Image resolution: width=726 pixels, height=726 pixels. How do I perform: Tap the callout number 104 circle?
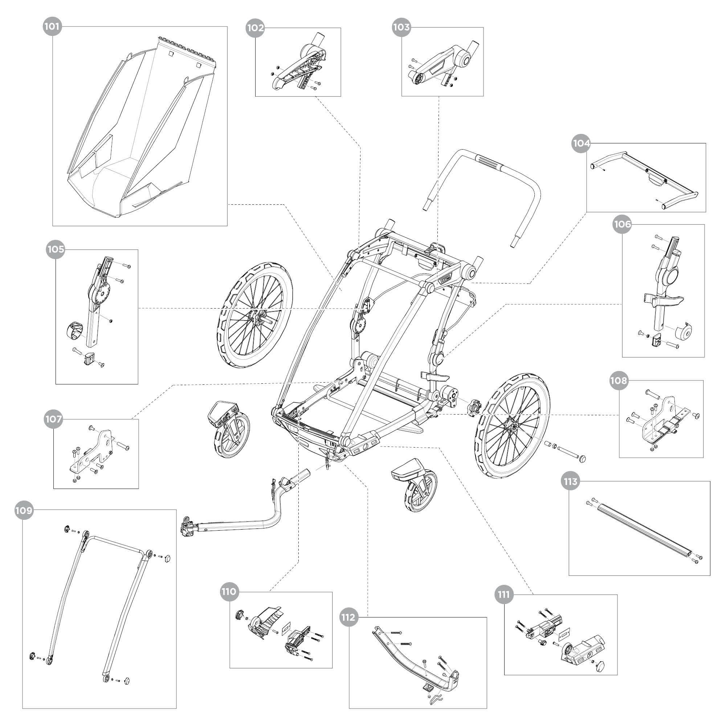click(x=581, y=143)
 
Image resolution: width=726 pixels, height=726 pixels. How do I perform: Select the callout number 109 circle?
click(x=24, y=511)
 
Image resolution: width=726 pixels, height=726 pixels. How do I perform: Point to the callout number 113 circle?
click(x=570, y=482)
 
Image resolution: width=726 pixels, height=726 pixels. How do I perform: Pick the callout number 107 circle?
click(x=53, y=419)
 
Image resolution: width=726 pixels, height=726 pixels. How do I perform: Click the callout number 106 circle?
click(x=622, y=224)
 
